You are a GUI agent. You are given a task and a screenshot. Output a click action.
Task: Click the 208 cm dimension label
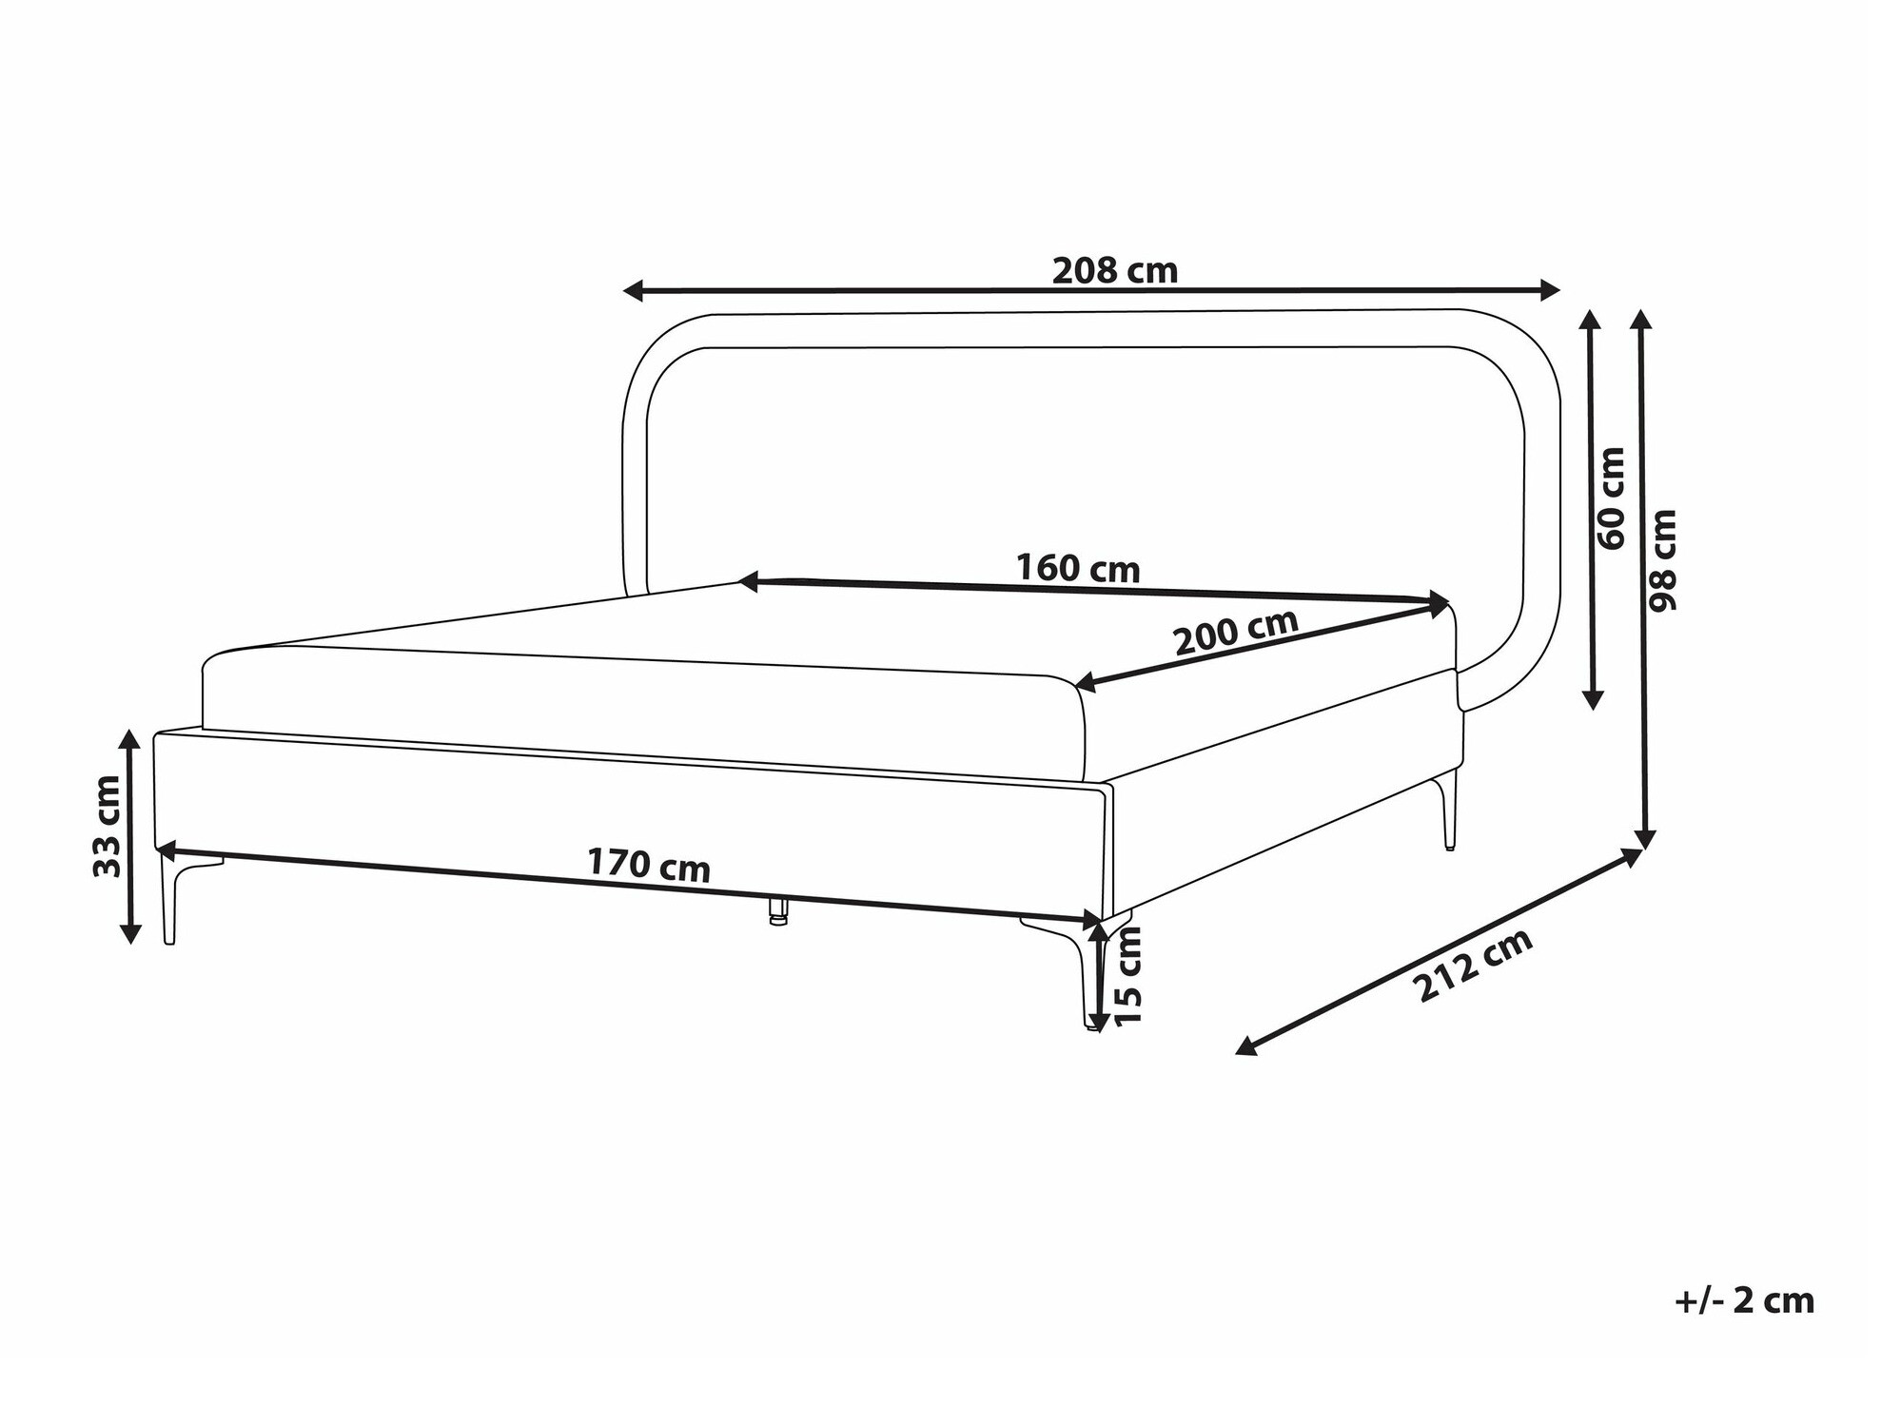coord(1114,271)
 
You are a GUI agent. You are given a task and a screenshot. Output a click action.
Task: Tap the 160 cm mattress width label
coord(1077,568)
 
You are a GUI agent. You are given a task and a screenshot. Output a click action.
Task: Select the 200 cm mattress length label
coord(1235,630)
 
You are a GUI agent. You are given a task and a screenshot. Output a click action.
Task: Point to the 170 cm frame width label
coord(648,866)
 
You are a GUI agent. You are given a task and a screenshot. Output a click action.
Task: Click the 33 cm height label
coord(107,826)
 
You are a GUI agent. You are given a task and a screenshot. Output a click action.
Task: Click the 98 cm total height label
coord(1663,560)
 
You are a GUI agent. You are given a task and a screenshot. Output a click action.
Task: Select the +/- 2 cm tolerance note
coord(1744,1300)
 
